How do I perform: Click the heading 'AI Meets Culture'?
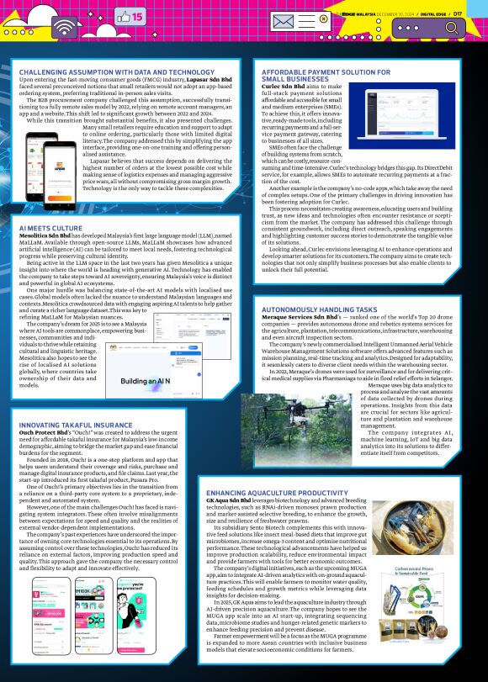(x=50, y=204)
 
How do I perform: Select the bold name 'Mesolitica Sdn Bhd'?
(x=47, y=214)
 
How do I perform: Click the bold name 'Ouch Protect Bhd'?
(x=47, y=436)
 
